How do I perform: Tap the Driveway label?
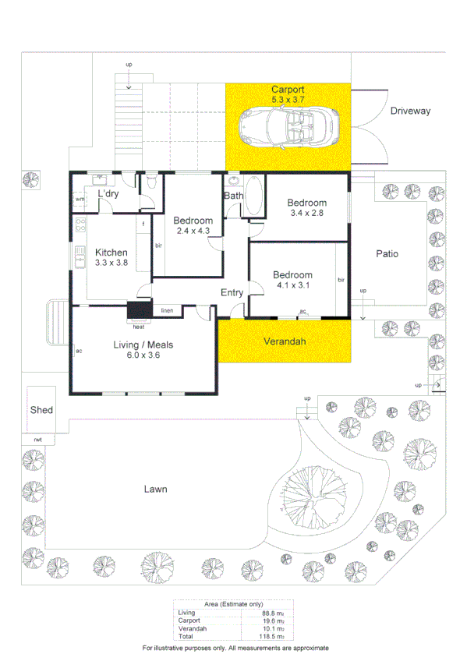[x=410, y=111]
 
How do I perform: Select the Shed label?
[x=41, y=409]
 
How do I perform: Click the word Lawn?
[x=155, y=490]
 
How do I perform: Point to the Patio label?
[x=387, y=253]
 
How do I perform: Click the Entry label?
[x=232, y=293]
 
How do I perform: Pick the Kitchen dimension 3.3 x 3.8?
[x=111, y=263]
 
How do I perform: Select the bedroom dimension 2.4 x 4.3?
[x=193, y=231]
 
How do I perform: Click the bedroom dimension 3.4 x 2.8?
[x=306, y=212]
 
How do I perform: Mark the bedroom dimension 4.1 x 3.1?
[x=292, y=285]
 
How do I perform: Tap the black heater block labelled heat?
[x=138, y=312]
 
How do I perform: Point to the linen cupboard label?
[x=167, y=311]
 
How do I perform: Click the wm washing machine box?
[x=80, y=200]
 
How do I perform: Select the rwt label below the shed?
[x=37, y=440]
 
